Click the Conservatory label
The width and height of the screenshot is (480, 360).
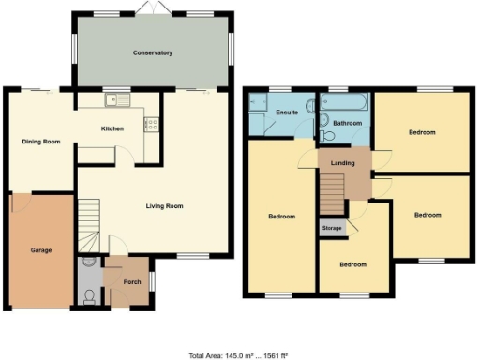[152, 53]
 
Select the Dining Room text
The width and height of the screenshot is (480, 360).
[41, 142]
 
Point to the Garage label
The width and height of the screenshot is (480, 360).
[39, 250]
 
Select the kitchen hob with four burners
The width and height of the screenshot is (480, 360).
[151, 123]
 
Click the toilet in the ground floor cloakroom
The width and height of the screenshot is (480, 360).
[87, 296]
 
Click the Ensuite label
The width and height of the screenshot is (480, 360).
[286, 112]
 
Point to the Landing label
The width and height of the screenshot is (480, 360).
[343, 165]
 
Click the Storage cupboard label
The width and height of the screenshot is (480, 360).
[332, 228]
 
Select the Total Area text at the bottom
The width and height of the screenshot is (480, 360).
[239, 356]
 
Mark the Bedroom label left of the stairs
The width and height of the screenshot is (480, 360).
[282, 217]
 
